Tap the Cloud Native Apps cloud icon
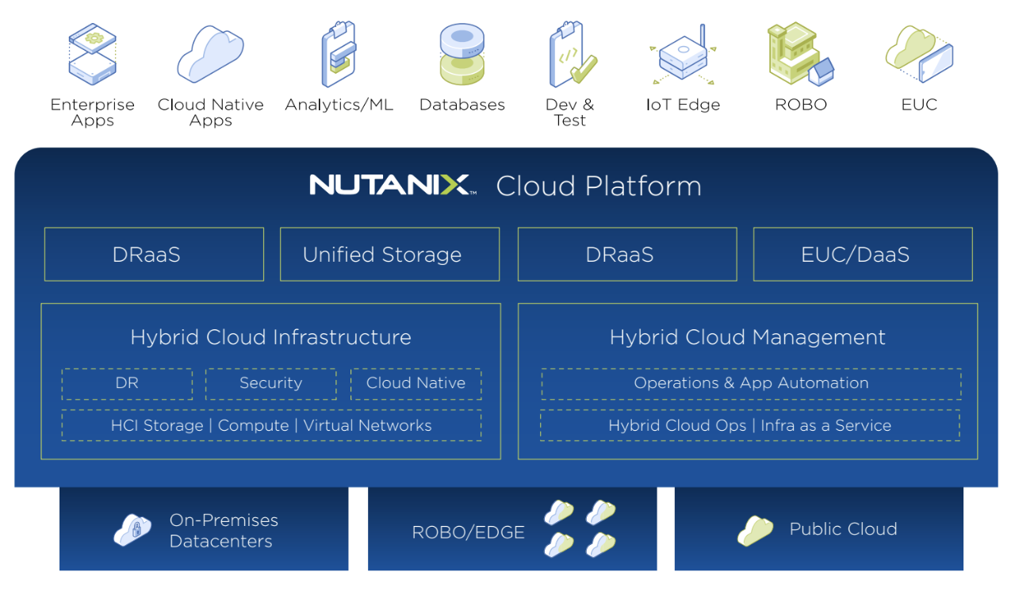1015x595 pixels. point(210,54)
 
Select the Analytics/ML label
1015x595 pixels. point(339,105)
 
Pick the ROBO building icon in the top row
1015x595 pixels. point(799,54)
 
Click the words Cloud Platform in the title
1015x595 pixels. point(599,186)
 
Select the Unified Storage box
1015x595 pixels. point(389,255)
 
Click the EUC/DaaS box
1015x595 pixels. point(863,255)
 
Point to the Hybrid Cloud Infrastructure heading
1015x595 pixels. point(270,337)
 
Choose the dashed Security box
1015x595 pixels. point(270,383)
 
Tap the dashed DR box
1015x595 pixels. point(127,383)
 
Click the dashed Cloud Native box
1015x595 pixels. point(416,383)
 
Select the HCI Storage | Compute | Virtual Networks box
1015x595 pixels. point(271,426)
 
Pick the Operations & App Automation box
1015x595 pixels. point(751,383)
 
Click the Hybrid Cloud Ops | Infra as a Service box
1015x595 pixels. point(749,426)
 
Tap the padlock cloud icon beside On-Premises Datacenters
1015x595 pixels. point(132,530)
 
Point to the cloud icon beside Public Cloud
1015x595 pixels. point(755,531)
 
